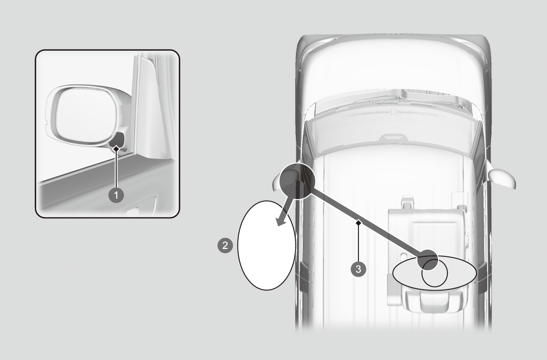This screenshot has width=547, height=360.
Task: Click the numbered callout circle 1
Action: pos(116,195)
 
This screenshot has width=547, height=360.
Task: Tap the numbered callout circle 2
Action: pos(225,245)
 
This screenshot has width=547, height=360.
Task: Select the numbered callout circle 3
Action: pos(358,269)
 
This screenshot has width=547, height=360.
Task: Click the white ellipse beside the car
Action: pos(267,245)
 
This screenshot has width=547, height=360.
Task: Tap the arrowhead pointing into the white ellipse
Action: pos(281,221)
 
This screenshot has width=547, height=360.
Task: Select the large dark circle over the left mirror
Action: pos(297,181)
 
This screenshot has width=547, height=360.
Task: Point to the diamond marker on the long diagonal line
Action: pos(358,223)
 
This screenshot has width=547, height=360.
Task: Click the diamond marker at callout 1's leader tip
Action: pos(117,148)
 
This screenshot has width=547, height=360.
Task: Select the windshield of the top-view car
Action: pos(393,137)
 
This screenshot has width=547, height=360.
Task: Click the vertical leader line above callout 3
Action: pos(358,243)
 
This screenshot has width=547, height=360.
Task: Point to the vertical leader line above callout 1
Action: pos(116,169)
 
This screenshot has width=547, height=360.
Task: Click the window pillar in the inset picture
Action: pos(149,107)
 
